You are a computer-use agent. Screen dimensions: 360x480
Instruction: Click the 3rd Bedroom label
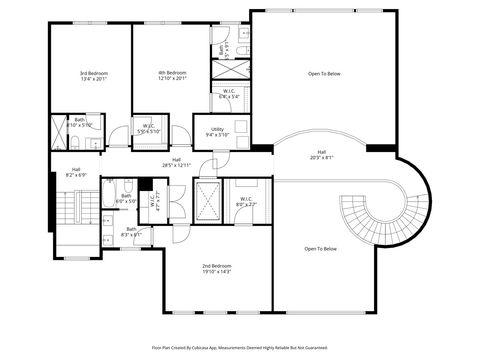click(x=94, y=76)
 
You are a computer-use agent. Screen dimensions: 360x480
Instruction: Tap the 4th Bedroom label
click(x=172, y=76)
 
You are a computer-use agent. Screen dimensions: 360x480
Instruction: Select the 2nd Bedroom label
click(x=217, y=267)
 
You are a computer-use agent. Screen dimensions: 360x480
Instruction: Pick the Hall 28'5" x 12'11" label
click(x=176, y=162)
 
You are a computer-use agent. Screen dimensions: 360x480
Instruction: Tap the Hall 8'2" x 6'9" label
click(x=75, y=172)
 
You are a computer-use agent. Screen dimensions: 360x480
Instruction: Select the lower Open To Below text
click(x=321, y=249)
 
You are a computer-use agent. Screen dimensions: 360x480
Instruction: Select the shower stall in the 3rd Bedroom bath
click(x=59, y=133)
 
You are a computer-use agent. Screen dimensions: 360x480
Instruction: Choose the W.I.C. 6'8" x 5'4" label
click(x=229, y=93)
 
